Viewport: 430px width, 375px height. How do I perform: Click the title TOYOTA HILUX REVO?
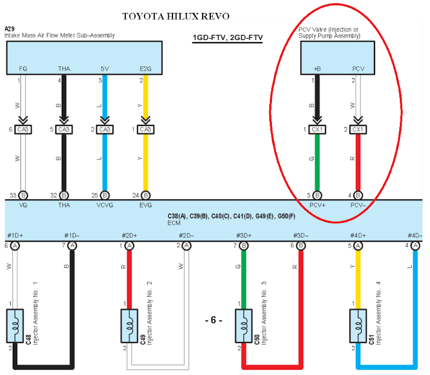[176, 16]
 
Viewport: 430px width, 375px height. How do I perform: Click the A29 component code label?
[10, 27]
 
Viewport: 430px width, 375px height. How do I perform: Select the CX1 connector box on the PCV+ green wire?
[317, 130]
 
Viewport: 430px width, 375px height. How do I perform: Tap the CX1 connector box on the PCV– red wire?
[358, 130]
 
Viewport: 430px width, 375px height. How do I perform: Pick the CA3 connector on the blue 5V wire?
[105, 130]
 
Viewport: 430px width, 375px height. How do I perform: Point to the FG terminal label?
[23, 69]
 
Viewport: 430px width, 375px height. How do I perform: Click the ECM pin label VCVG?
[105, 205]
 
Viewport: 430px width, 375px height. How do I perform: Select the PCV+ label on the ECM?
[317, 205]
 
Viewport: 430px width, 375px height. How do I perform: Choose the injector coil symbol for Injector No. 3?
[243, 326]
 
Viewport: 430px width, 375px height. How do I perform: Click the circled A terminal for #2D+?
[129, 246]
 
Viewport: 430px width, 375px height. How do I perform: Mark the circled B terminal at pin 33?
[23, 195]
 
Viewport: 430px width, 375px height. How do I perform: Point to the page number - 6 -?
[213, 320]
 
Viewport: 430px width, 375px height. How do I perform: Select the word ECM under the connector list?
[174, 222]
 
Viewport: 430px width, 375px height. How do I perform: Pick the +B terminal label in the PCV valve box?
[317, 69]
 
